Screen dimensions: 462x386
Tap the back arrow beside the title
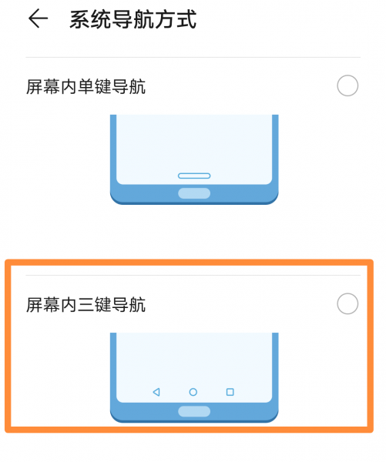click(38, 19)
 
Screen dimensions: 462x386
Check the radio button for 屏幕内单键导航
click(347, 86)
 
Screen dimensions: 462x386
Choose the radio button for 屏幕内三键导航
click(347, 304)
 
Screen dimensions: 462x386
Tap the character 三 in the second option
click(86, 306)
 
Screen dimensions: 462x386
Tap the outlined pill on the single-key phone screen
click(193, 175)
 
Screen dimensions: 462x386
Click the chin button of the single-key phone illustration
click(193, 193)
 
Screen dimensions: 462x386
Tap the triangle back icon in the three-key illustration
click(156, 392)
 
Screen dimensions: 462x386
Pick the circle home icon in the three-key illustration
click(193, 392)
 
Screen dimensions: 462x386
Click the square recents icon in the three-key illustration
click(230, 392)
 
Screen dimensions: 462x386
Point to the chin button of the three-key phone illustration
click(193, 411)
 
